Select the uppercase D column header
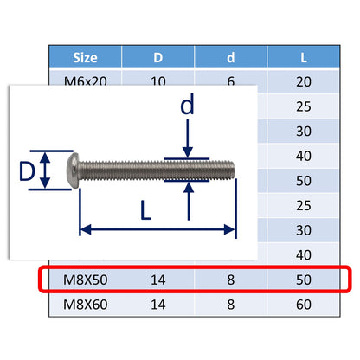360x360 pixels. pos(158,58)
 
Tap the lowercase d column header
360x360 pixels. pos(231,58)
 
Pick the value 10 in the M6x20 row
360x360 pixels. pos(158,79)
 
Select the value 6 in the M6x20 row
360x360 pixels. pos(231,79)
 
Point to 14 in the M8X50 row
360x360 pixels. pos(158,280)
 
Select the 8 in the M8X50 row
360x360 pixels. pos(231,280)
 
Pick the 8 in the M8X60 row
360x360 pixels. pos(231,305)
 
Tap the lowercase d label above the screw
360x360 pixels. pos(188,108)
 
